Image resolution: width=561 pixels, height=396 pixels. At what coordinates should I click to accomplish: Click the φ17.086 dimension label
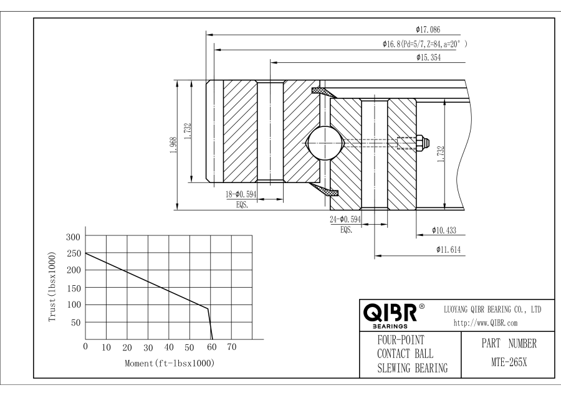[429, 29]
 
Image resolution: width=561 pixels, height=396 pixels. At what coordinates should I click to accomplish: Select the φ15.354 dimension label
[429, 57]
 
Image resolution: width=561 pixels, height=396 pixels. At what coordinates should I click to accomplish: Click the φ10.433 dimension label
[444, 231]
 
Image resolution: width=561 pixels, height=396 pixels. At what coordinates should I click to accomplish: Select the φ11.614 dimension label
[444, 249]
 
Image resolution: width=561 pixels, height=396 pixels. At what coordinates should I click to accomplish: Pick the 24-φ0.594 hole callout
[345, 219]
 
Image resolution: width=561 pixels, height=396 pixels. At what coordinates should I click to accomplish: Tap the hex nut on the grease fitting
[421, 143]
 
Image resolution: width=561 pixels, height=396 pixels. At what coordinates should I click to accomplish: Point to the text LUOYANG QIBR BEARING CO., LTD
[492, 309]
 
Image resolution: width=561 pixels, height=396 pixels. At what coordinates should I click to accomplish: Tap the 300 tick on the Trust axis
[74, 237]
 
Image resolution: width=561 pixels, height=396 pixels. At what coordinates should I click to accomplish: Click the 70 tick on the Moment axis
[231, 346]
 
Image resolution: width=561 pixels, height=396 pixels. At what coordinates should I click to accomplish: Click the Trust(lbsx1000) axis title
[53, 287]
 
